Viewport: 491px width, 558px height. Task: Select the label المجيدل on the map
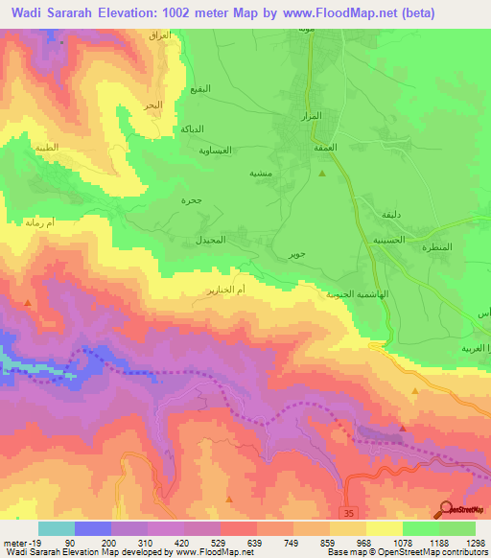click(x=210, y=240)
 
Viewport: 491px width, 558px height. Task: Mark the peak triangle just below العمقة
click(x=322, y=174)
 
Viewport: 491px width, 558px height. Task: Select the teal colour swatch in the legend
click(x=56, y=528)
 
